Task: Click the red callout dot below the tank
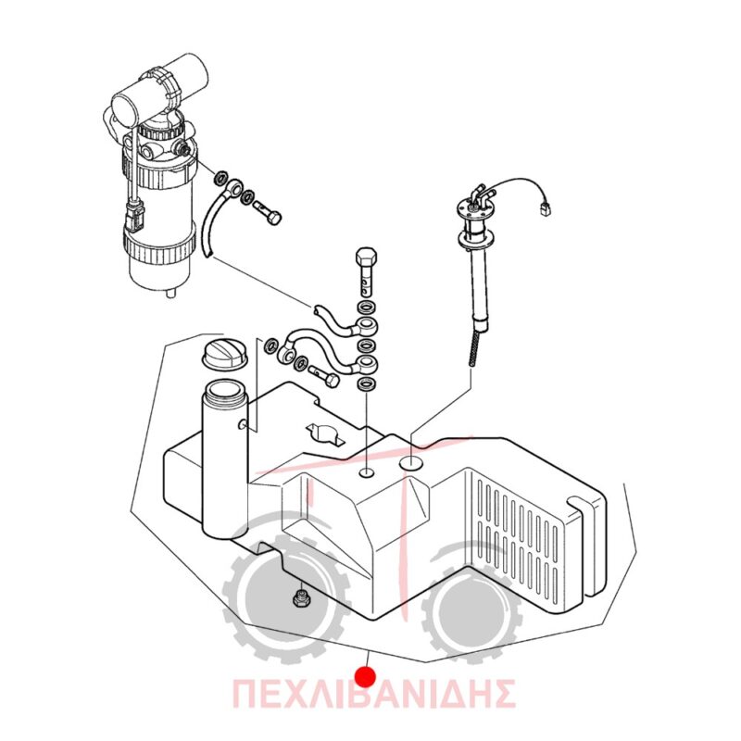tap(366, 676)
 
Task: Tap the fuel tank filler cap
tap(224, 353)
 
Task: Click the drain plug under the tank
tap(299, 598)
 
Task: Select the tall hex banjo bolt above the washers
tap(366, 271)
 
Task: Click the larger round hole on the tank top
tap(412, 464)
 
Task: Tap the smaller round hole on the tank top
tap(367, 472)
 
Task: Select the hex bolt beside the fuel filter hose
tap(269, 212)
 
